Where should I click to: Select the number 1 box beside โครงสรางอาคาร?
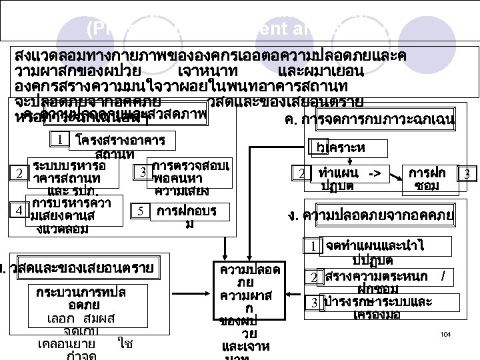[x=61, y=140]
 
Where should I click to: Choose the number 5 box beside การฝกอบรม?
[x=141, y=211]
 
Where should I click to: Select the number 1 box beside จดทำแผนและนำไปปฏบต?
[x=311, y=247]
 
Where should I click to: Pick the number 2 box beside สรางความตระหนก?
[x=311, y=277]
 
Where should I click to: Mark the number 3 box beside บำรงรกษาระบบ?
[x=311, y=302]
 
